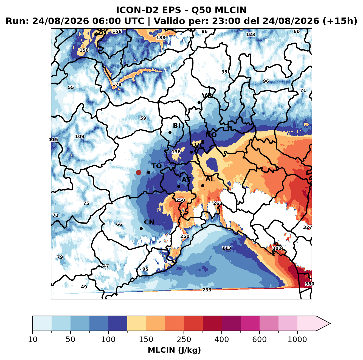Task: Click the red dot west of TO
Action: pos(139,172)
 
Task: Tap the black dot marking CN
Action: pos(141,229)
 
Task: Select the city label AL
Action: pos(210,179)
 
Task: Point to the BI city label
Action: pos(176,126)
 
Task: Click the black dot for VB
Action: pos(199,102)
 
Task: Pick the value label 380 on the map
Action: pos(309,284)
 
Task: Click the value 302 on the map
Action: pos(277,248)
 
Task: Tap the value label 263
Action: pos(218,203)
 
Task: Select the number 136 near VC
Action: pos(176,152)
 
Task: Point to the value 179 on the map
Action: pos(117,84)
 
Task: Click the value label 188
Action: pos(161,38)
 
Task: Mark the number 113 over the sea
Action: pos(226,248)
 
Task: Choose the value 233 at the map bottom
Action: pos(207,290)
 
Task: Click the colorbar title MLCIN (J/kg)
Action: pos(174,350)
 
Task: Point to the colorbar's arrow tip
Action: pos(330,324)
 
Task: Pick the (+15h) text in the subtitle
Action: pos(340,21)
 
